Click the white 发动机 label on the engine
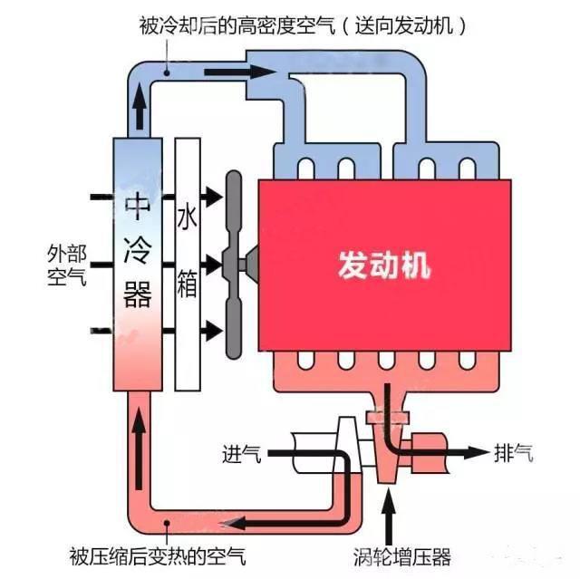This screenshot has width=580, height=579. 383,265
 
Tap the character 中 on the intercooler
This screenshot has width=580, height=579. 138,207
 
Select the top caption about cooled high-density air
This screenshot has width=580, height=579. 304,24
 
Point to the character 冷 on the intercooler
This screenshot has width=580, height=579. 138,249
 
